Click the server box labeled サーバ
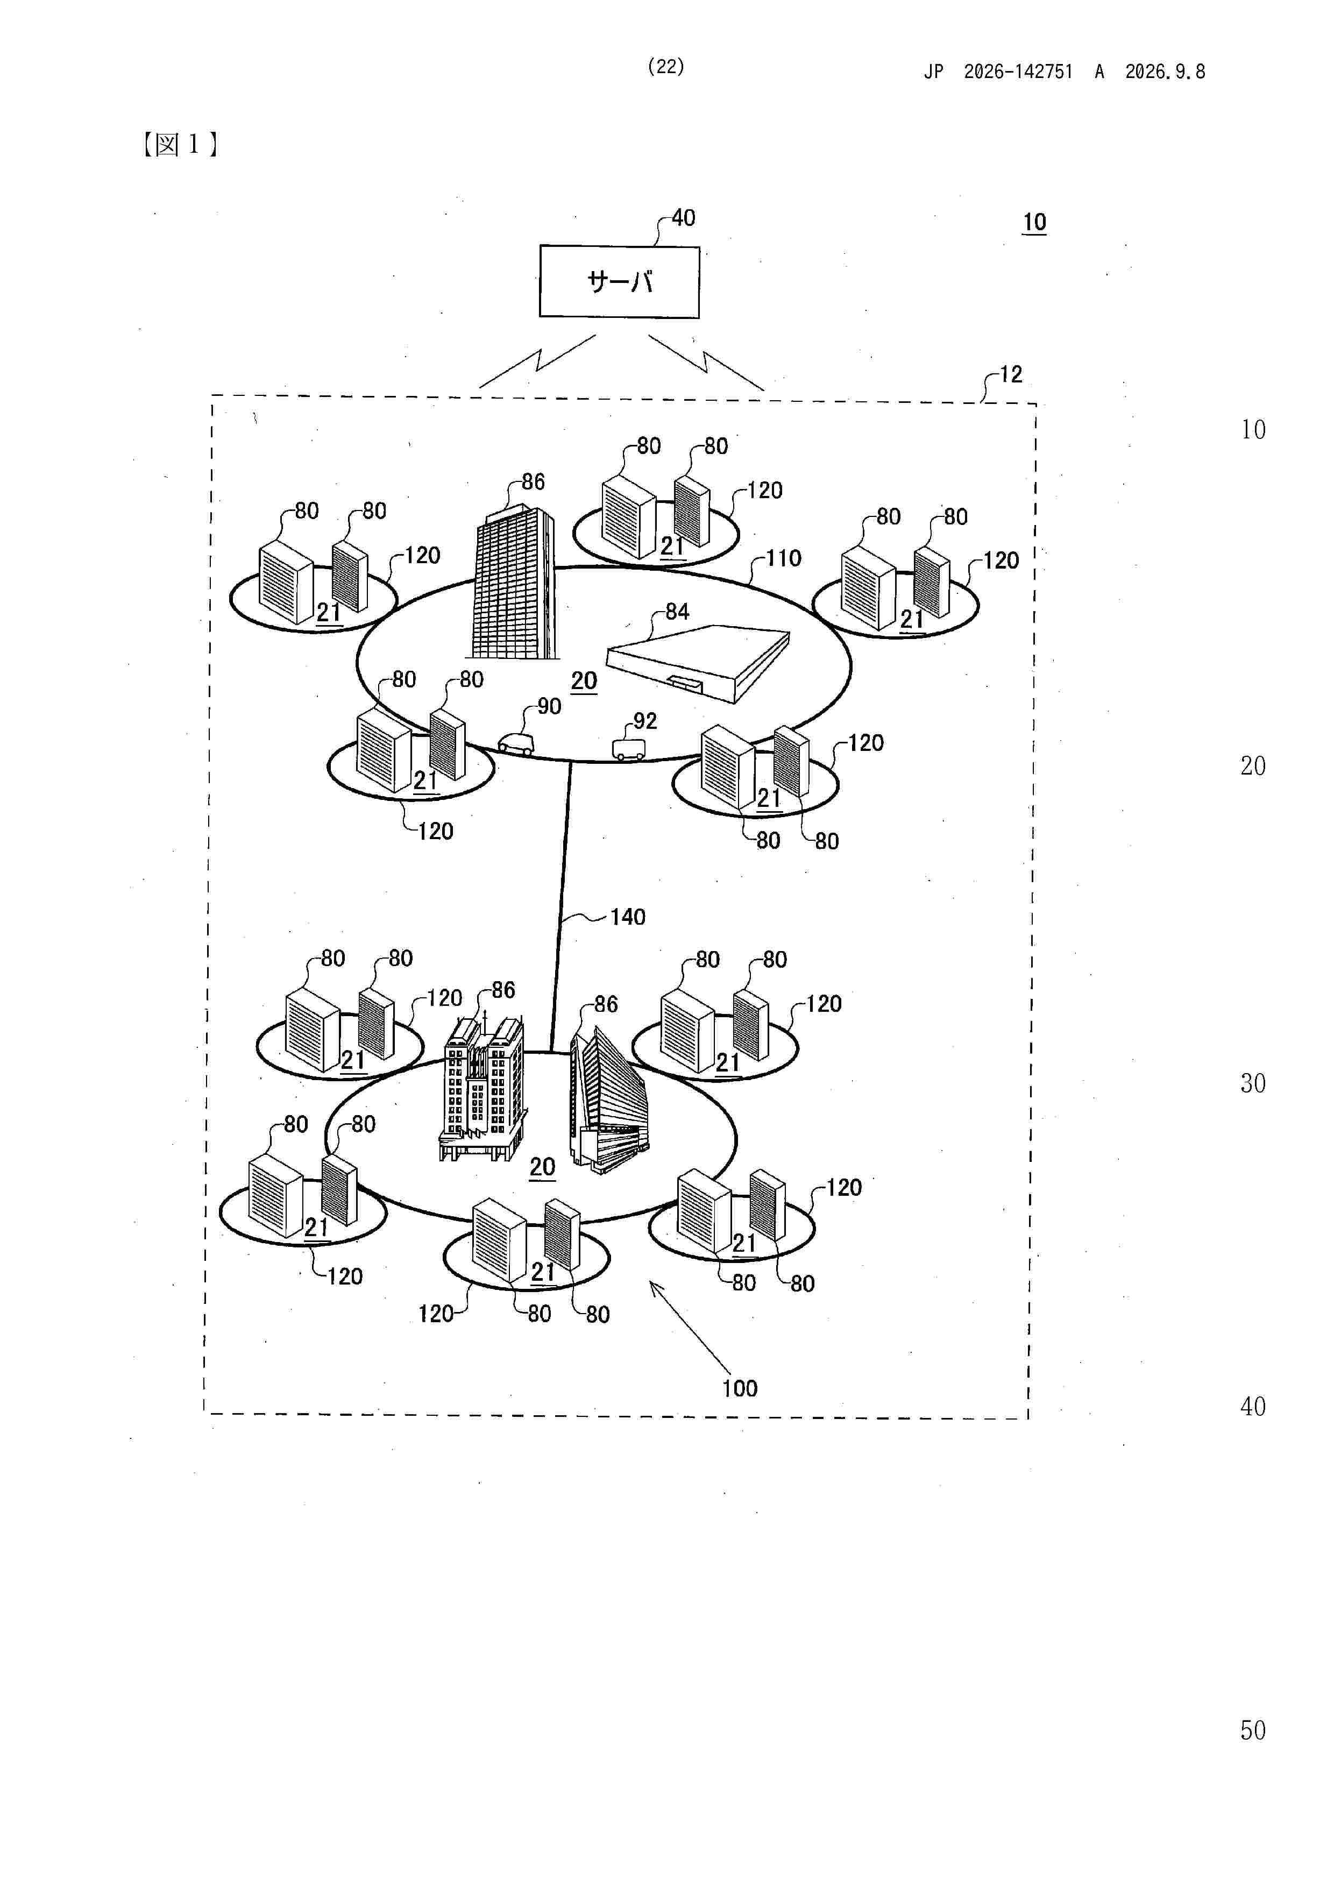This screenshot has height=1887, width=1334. point(619,281)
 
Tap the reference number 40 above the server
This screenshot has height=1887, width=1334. point(683,218)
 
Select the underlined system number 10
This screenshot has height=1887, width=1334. point(1034,222)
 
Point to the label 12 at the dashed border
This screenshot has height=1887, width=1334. point(1011,375)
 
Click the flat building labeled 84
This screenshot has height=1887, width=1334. point(698,660)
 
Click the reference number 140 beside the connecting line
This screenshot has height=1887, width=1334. point(628,917)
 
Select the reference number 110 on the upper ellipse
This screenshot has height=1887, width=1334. point(783,559)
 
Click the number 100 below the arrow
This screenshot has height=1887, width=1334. point(740,1389)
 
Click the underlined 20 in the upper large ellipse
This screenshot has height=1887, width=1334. point(584,682)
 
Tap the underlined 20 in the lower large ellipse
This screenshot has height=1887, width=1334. point(543,1167)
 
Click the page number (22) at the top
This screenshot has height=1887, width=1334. point(666,67)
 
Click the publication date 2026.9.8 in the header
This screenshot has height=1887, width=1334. point(1165,72)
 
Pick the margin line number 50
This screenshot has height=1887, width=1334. point(1253,1731)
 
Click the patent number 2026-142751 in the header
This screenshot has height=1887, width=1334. point(1018,72)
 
